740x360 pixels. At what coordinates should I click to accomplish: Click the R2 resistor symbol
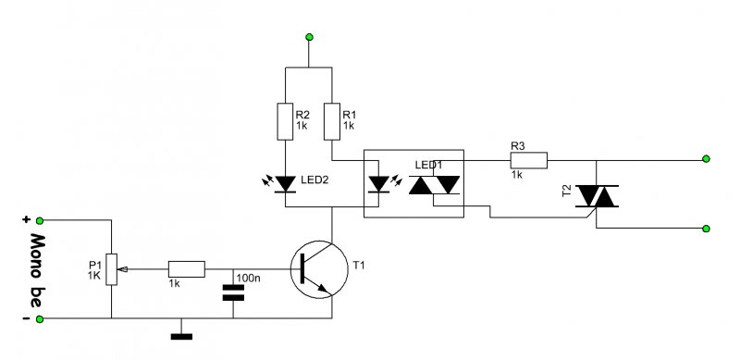coord(285,121)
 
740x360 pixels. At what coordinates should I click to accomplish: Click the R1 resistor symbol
coord(332,121)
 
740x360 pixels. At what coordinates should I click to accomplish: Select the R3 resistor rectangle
coord(528,160)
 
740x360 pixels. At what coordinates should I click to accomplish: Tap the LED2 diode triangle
coord(285,184)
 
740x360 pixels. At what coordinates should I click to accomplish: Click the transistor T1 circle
coord(319,269)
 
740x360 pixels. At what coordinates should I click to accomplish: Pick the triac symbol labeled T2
coord(597,196)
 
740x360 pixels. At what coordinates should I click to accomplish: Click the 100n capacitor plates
coord(233,292)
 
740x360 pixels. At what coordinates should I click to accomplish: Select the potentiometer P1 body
coord(111,269)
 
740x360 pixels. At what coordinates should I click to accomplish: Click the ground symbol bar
coord(181,336)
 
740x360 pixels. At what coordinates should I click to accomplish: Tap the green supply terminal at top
coord(309,37)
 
